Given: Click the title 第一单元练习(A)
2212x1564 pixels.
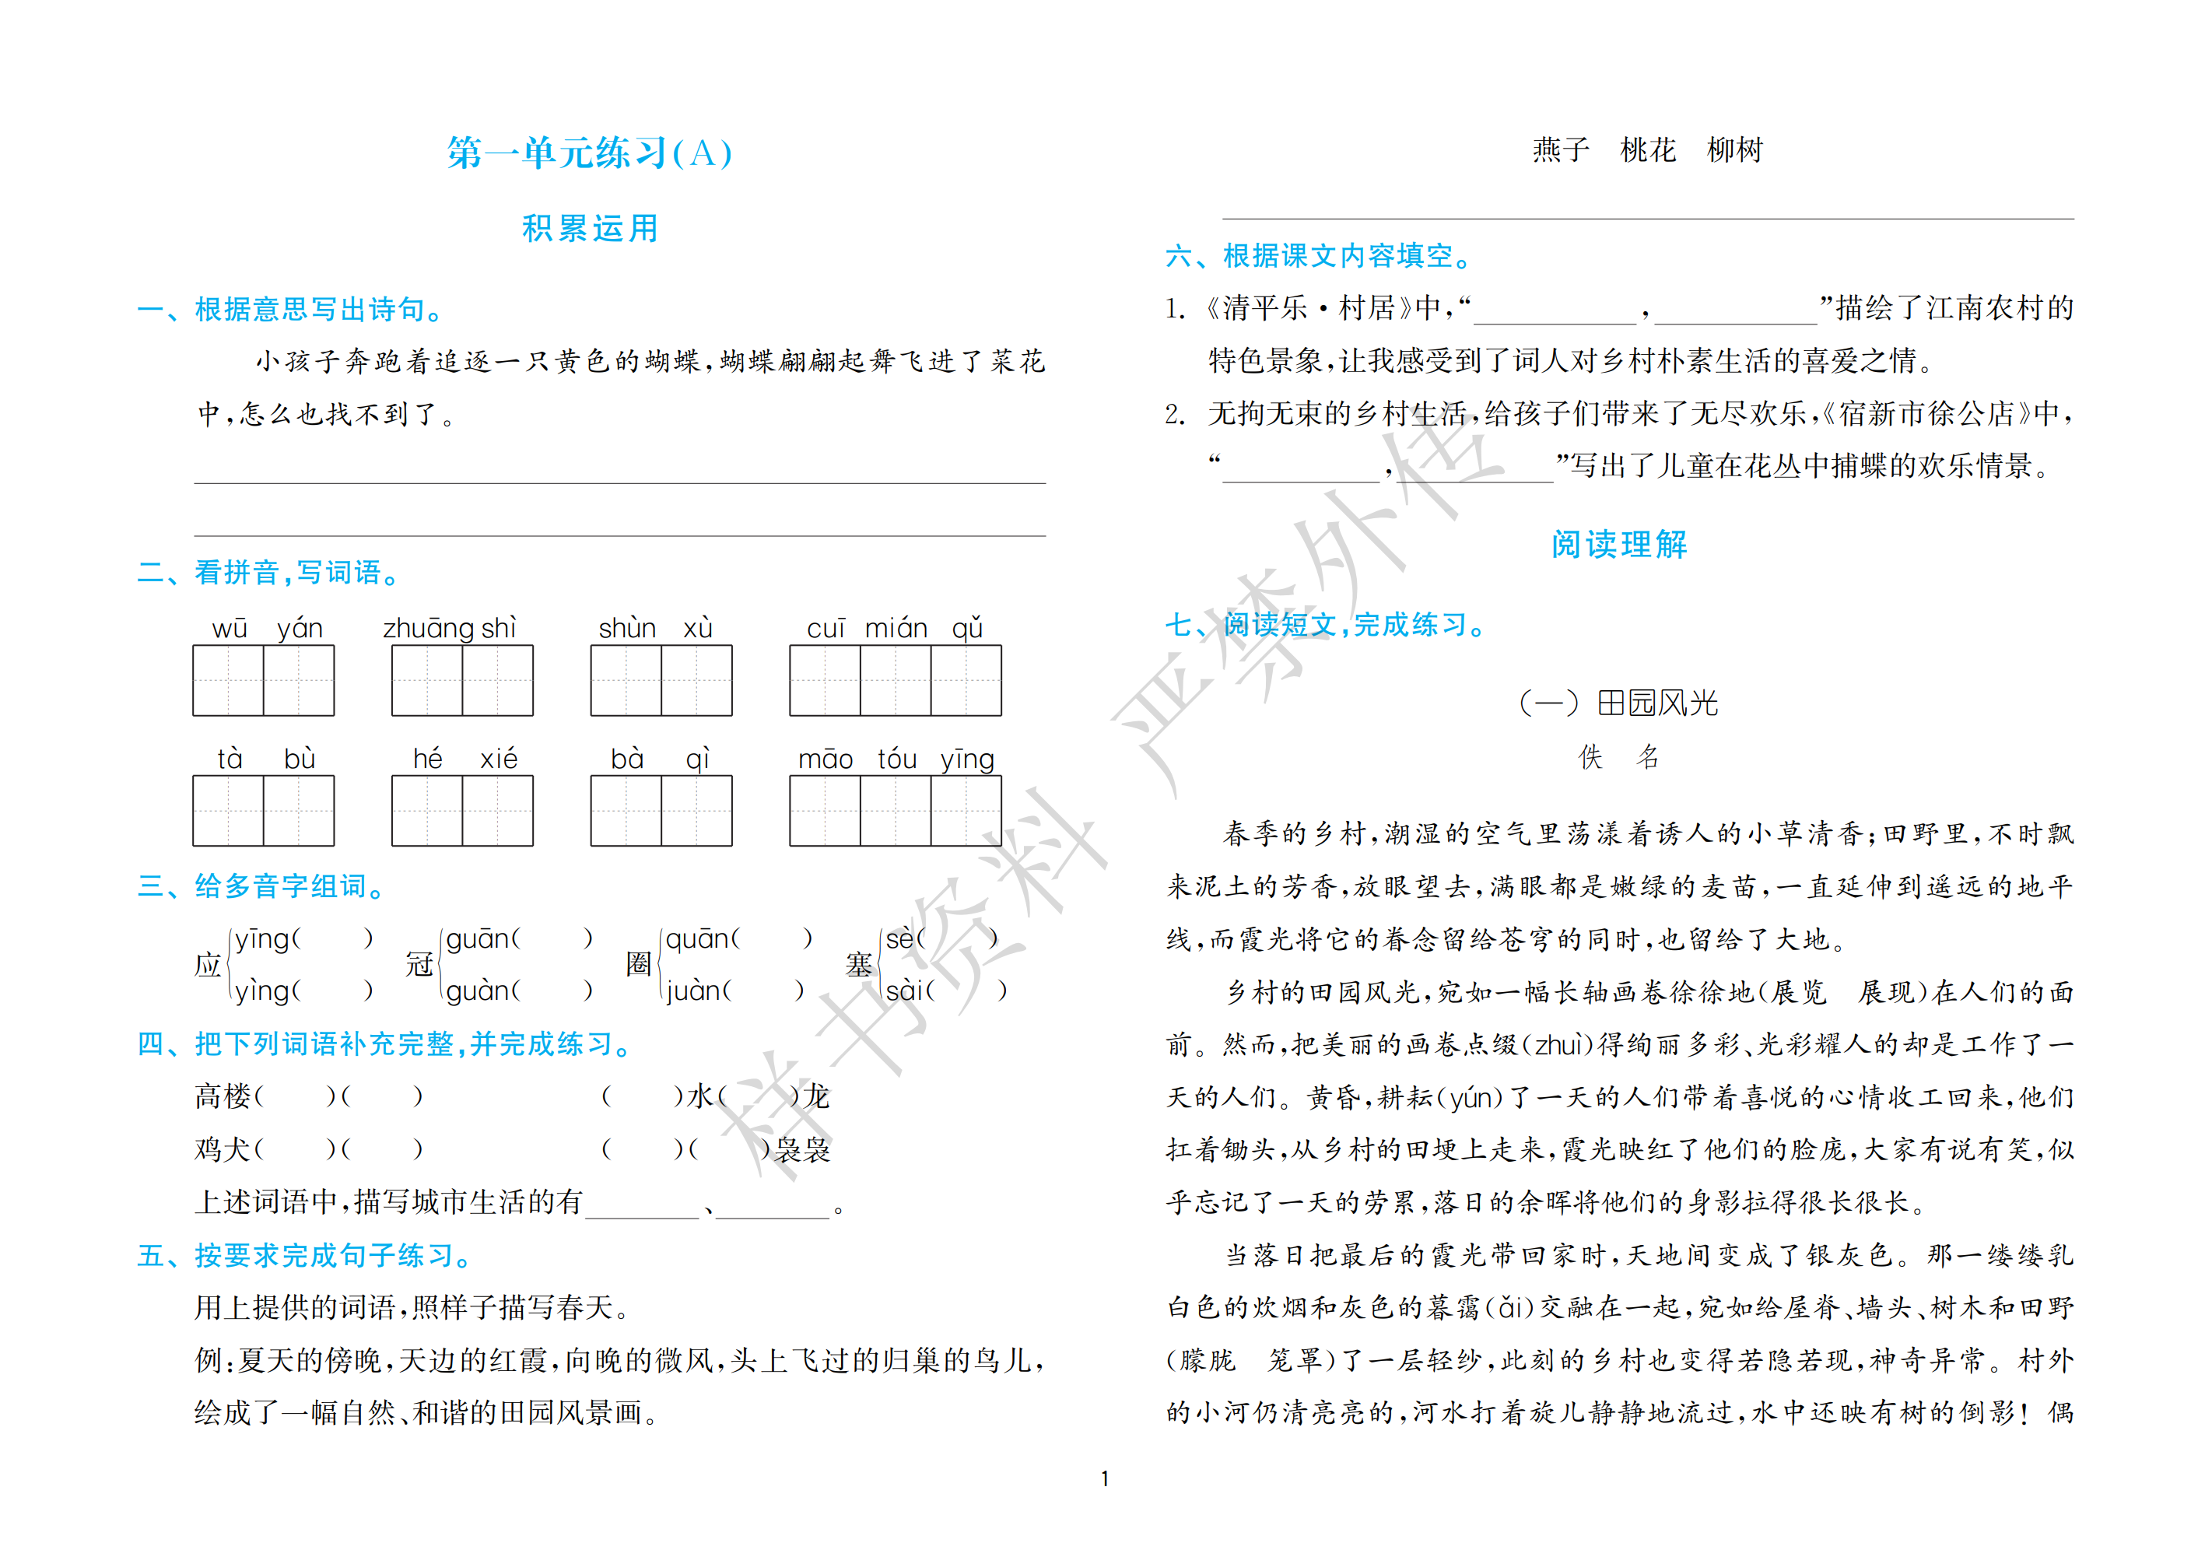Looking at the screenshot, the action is (x=590, y=153).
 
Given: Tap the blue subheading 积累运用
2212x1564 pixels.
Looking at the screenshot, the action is (x=590, y=229).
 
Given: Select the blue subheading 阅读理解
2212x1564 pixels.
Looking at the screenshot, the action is (x=1618, y=545).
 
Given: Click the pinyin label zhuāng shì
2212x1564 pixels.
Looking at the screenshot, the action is (x=449, y=628).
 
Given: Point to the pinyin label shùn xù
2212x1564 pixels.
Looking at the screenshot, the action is (x=655, y=628).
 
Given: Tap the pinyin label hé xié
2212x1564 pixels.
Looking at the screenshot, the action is (x=464, y=759).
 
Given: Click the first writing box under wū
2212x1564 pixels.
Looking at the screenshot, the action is (x=228, y=680).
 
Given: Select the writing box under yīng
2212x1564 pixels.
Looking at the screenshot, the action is (x=966, y=811).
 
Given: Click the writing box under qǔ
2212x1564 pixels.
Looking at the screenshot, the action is (x=966, y=680).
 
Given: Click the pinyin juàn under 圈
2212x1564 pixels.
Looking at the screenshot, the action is (x=691, y=991).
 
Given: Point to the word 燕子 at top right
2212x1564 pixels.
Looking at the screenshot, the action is (x=1561, y=150).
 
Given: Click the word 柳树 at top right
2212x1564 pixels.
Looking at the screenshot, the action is (x=1734, y=150).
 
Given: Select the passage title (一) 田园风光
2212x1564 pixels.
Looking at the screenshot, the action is (x=1618, y=703).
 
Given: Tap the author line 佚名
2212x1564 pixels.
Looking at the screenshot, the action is (x=1618, y=757).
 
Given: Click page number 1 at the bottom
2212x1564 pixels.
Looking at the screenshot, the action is (x=1105, y=1478).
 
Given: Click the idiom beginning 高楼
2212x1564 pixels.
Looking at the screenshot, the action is (x=308, y=1096).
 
